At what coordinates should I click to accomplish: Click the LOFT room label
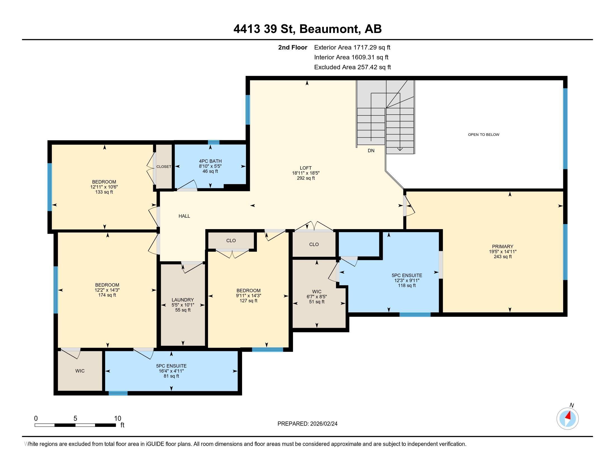tap(306, 168)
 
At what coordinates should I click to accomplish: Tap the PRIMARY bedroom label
tap(503, 246)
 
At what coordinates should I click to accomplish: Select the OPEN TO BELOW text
tap(484, 134)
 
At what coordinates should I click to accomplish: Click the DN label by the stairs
tap(371, 151)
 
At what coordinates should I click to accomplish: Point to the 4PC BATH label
tap(210, 161)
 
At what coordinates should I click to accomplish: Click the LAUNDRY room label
tap(183, 300)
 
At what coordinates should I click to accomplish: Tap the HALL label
tap(184, 216)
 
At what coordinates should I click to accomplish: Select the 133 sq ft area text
tap(104, 192)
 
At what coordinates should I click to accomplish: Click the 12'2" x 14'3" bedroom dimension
tap(107, 290)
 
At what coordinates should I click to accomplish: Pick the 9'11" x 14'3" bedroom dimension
tap(248, 295)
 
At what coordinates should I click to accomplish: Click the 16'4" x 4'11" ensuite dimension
tap(171, 371)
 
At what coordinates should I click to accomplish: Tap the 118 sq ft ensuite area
tap(407, 285)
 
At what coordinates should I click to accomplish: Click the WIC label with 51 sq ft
tap(316, 291)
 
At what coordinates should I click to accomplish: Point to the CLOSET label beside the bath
tap(164, 167)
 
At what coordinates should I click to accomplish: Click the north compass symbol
tap(567, 418)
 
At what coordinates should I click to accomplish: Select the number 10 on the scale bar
tap(117, 418)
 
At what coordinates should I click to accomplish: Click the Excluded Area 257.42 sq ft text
tap(352, 67)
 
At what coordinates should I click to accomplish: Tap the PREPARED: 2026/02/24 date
tap(307, 424)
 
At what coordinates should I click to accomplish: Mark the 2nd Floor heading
tap(292, 47)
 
